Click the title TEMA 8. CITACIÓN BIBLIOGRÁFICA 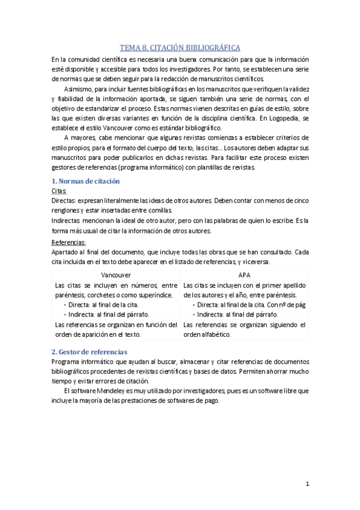pyautogui.click(x=180, y=48)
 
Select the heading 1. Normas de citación pyautogui.click(x=85, y=181)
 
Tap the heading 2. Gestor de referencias pyautogui.click(x=89, y=351)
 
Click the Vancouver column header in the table pyautogui.click(x=115, y=274)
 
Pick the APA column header pyautogui.click(x=245, y=274)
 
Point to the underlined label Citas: pyautogui.click(x=59, y=191)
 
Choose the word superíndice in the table pyautogui.click(x=155, y=295)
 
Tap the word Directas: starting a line pyautogui.click(x=64, y=201)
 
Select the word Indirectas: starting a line pyautogui.click(x=67, y=221)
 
